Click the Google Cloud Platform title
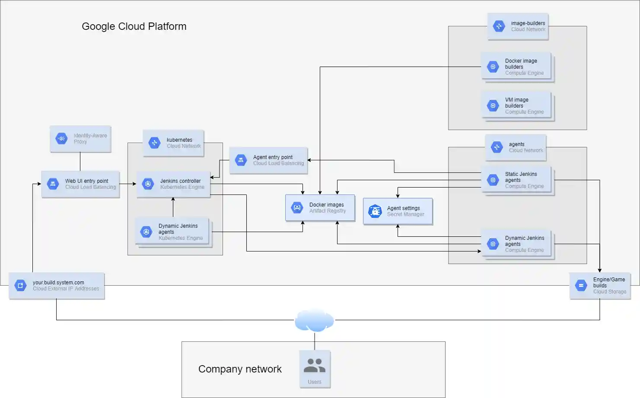134,26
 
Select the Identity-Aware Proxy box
80,139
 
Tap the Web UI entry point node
80,184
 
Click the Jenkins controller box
173,184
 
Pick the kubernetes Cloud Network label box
173,143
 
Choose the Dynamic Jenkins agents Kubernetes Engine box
172,232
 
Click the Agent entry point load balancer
268,160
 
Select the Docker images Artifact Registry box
320,208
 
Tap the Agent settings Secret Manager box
398,211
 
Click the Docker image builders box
516,67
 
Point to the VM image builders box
516,106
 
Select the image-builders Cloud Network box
518,26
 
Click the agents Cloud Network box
516,147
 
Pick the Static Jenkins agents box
516,180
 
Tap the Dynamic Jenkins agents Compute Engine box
516,244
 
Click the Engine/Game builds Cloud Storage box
600,286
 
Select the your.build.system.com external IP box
57,286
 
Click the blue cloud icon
314,320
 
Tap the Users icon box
315,369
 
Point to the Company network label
240,369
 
